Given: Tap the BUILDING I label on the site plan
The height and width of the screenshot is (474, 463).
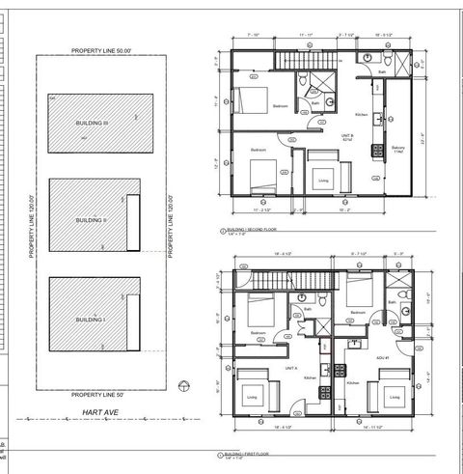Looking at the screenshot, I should (x=90, y=319).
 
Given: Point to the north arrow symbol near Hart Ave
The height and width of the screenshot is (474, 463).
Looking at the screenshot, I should (x=186, y=386).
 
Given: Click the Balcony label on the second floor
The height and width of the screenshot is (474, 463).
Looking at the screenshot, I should (x=397, y=147).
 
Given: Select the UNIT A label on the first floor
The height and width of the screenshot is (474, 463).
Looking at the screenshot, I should (x=289, y=368).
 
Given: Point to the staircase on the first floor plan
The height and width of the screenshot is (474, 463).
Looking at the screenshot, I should (x=286, y=280).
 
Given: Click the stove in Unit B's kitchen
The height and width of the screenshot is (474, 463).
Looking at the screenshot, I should (x=381, y=120).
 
